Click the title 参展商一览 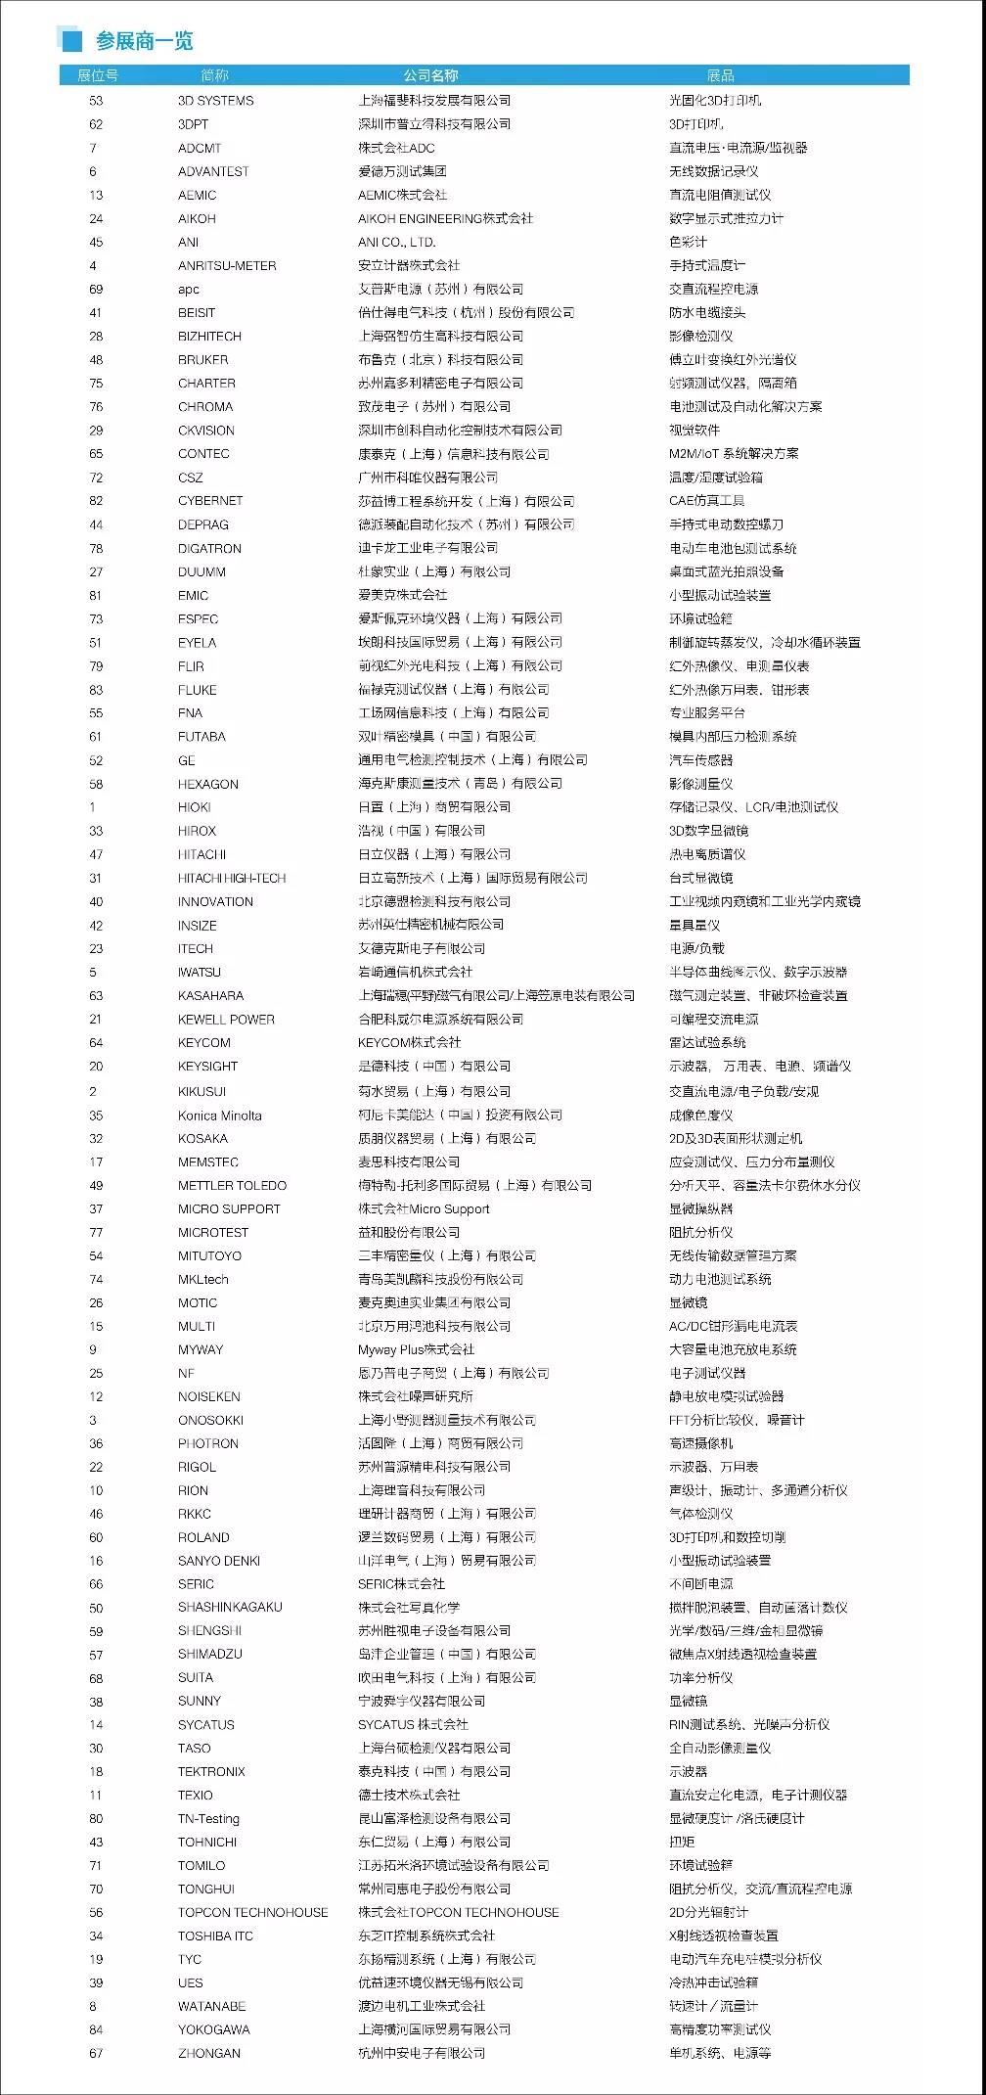click(144, 40)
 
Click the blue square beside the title click(71, 40)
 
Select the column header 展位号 click(98, 75)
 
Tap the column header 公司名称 click(430, 75)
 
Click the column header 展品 click(721, 75)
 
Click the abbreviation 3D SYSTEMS click(215, 101)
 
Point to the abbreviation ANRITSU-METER click(227, 265)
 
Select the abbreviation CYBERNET click(210, 500)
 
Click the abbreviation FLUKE click(198, 689)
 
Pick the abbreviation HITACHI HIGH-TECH click(232, 878)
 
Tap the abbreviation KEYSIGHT click(207, 1066)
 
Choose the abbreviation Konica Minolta click(220, 1115)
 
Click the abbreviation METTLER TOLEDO click(232, 1185)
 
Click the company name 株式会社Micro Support click(424, 1208)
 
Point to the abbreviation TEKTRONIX click(211, 1771)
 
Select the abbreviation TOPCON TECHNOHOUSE click(252, 1912)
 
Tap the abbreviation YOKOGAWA click(213, 2029)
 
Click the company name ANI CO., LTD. click(396, 242)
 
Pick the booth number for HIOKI click(93, 807)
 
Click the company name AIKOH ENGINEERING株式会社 click(445, 218)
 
